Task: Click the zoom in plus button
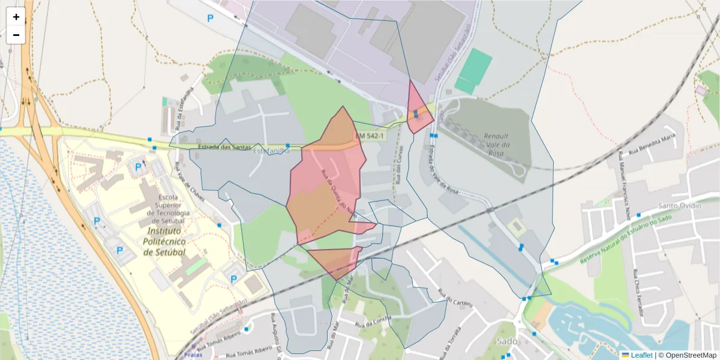point(16,17)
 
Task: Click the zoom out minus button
point(16,35)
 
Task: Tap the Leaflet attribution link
point(641,355)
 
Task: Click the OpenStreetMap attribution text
point(688,355)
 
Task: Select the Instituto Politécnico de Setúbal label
point(165,241)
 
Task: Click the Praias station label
point(193,354)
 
